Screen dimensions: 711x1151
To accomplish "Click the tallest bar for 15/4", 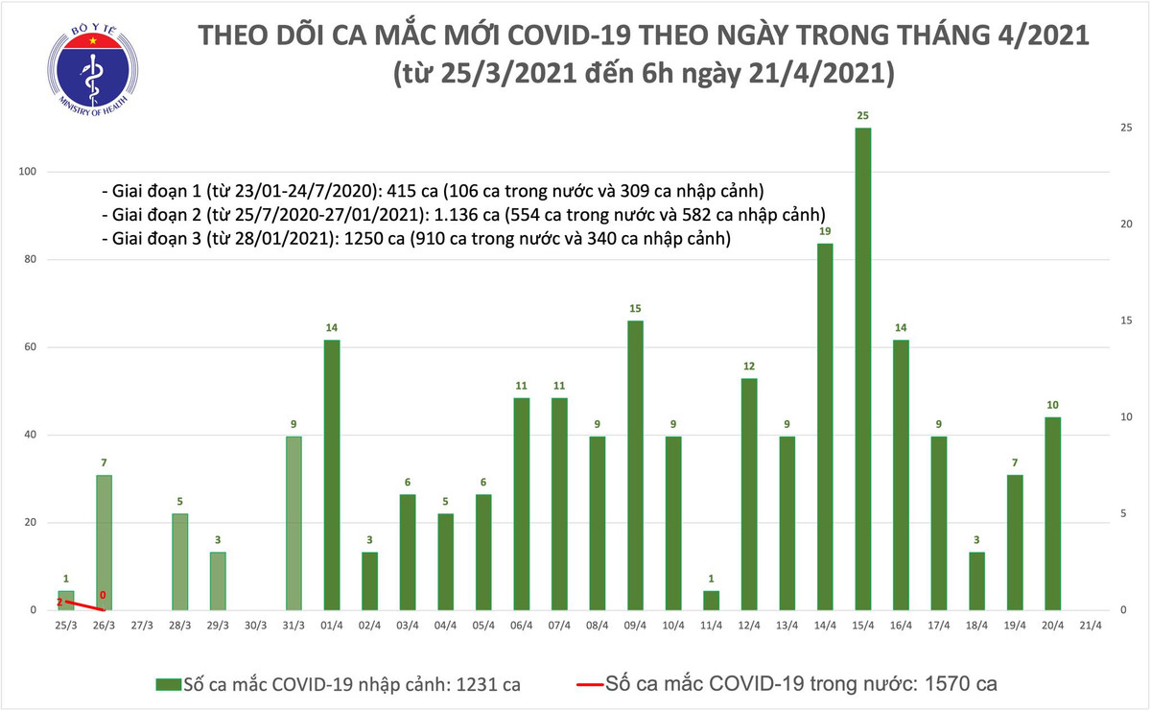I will pyautogui.click(x=862, y=369).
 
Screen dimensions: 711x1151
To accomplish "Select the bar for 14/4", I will pyautogui.click(x=824, y=427).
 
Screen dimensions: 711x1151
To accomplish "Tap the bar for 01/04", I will pyautogui.click(x=331, y=475).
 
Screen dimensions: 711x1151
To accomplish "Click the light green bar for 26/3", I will pyautogui.click(x=103, y=542).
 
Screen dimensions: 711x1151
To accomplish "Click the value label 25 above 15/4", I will pyautogui.click(x=862, y=115).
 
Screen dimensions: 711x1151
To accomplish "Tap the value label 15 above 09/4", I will pyautogui.click(x=634, y=308).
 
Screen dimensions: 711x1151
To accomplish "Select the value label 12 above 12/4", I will pyautogui.click(x=748, y=366).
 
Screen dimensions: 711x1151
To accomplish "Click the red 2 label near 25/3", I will pyautogui.click(x=59, y=602).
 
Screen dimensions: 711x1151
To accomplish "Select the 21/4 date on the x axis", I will pyautogui.click(x=1091, y=625).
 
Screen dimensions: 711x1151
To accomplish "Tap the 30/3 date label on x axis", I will pyautogui.click(x=255, y=625).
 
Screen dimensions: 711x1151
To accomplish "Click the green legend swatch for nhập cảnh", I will pyautogui.click(x=169, y=684).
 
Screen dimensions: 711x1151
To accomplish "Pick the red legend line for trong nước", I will pyautogui.click(x=589, y=684).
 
